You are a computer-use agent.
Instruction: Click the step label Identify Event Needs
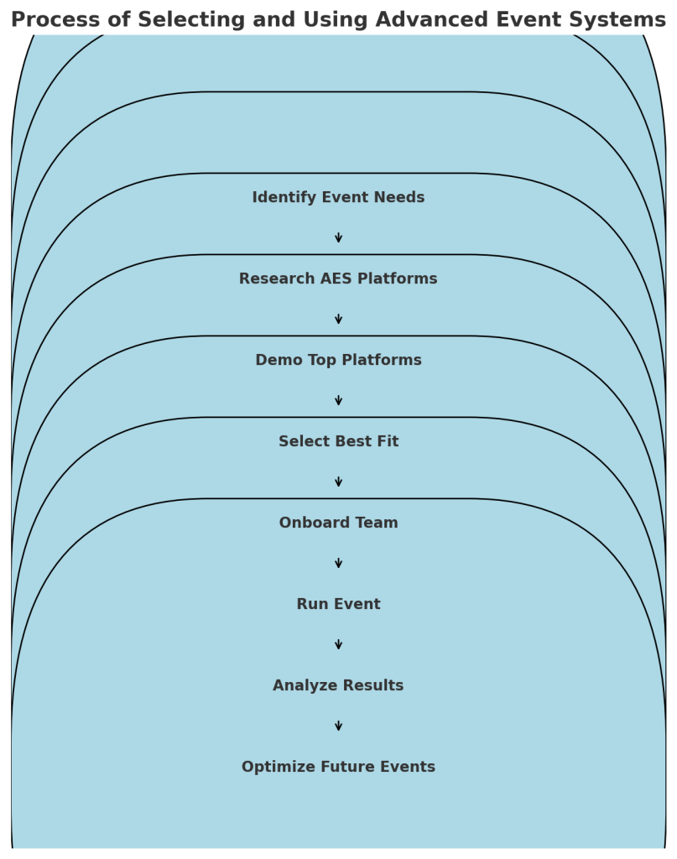338,197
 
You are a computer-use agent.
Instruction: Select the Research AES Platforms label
338,279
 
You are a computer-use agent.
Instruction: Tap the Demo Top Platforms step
338,360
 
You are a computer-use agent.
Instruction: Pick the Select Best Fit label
338,441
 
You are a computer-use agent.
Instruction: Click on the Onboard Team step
338,523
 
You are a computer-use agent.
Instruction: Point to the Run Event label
338,604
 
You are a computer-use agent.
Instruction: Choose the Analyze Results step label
338,685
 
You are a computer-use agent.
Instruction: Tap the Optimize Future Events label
338,767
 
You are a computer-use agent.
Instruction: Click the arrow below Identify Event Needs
339,237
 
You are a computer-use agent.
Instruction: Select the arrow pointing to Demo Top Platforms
339,319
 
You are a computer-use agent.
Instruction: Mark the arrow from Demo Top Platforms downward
339,400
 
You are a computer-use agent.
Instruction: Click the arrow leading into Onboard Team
339,482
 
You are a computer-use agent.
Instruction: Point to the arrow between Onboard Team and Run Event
339,563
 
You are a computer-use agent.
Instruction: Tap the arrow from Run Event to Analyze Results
339,644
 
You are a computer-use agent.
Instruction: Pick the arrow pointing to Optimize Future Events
339,726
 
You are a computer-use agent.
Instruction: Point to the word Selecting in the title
191,20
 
